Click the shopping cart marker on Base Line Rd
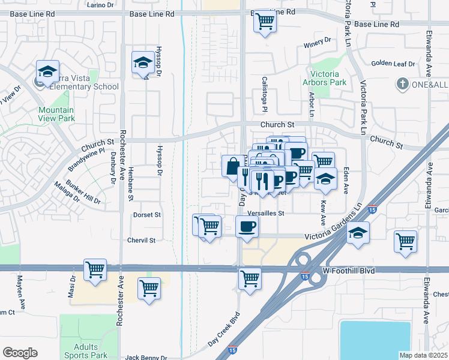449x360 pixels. pos(265,22)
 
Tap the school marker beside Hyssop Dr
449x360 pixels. pos(143,63)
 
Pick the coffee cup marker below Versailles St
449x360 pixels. pos(247,227)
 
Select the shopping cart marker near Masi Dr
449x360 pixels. pos(95,270)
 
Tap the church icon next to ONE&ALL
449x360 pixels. pos(402,85)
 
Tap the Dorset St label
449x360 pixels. pos(147,214)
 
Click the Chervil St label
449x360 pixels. pos(141,240)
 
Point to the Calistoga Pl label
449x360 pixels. pos(264,94)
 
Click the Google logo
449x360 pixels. pos(20,352)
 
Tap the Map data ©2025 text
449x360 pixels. pos(423,355)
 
